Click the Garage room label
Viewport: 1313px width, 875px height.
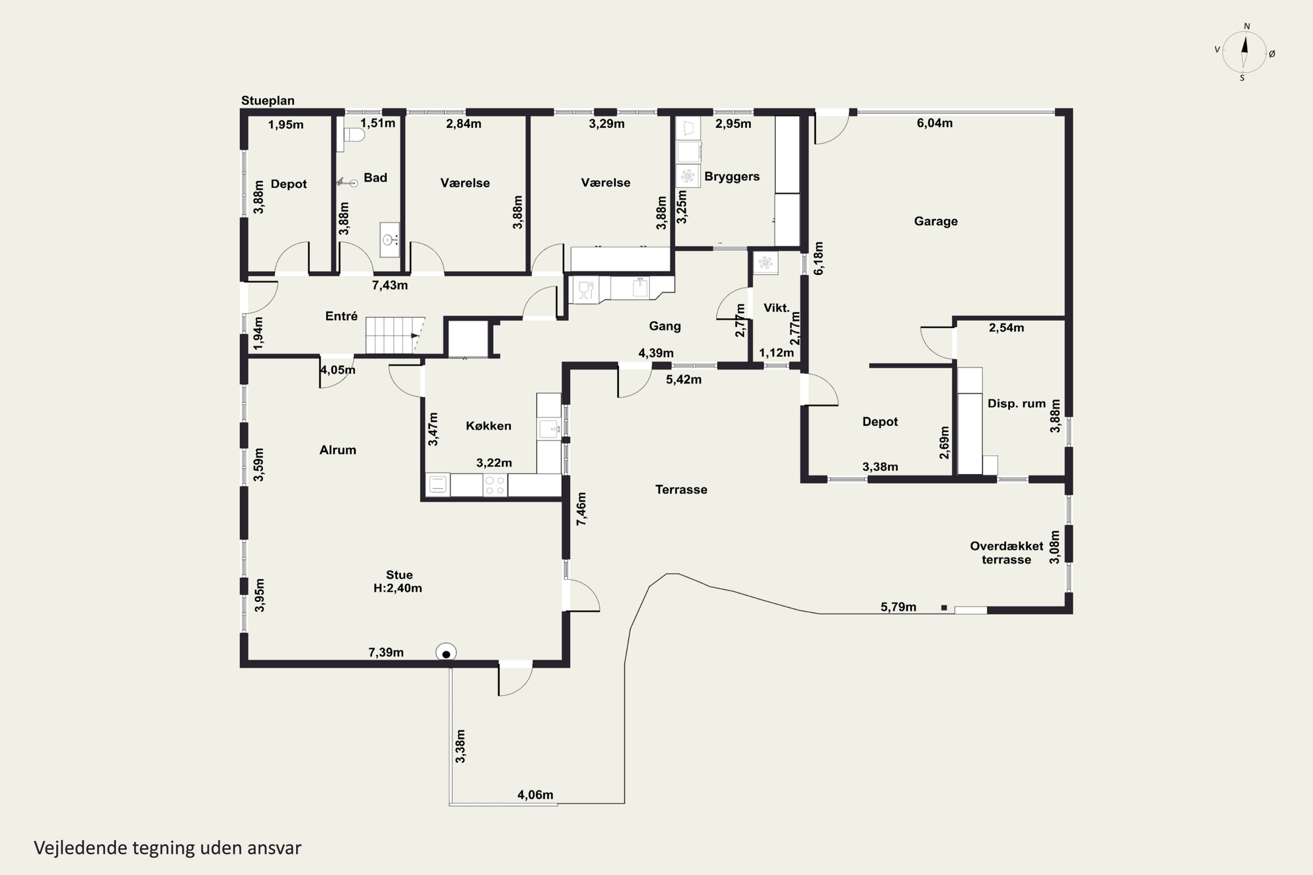[936, 221]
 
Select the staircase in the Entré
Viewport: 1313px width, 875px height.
[395, 336]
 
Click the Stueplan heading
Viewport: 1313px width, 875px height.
[267, 101]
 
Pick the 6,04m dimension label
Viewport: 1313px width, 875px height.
[934, 123]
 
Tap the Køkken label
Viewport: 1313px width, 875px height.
[488, 426]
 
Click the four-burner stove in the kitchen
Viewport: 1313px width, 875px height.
[495, 485]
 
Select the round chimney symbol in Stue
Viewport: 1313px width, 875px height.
[446, 653]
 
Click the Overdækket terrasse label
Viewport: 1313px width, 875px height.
[1007, 553]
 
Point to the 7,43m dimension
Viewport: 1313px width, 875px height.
[390, 285]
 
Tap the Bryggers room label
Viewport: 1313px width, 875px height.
[732, 177]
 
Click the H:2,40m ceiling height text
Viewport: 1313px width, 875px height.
[397, 588]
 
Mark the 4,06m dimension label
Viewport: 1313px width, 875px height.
[535, 794]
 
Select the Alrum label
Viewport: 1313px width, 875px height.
[337, 450]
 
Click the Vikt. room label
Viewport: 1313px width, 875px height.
[776, 308]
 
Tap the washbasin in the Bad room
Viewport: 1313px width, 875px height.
[390, 239]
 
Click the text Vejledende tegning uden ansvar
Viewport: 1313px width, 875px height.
[168, 848]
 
